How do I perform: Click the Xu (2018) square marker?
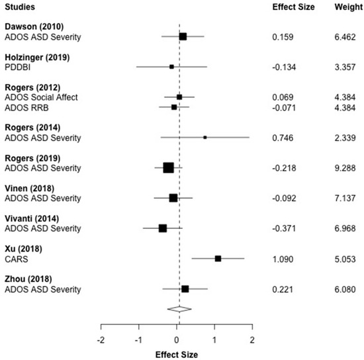coord(218,259)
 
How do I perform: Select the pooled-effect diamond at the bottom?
coord(179,308)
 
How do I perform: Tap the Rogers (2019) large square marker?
coord(168,167)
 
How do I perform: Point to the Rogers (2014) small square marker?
coord(205,138)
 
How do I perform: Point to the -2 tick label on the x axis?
coord(101,339)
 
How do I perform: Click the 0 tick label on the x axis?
coord(177,339)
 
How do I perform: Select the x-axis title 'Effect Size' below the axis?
coord(177,353)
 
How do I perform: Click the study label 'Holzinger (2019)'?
coord(37,57)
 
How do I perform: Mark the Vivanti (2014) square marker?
coord(162,228)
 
